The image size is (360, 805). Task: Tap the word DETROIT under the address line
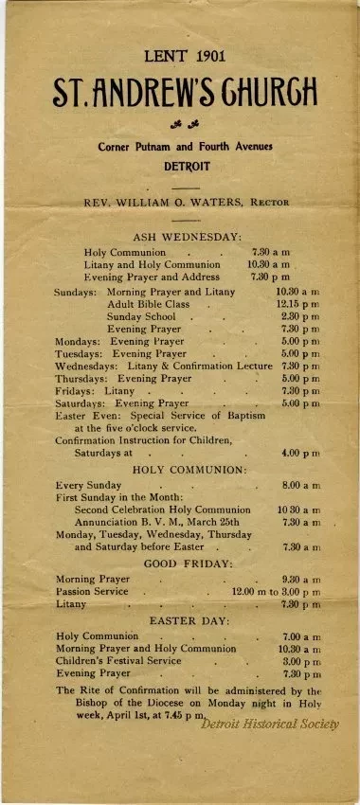[186, 165]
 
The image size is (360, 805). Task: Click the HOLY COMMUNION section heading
[189, 469]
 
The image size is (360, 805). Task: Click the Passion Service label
[92, 591]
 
